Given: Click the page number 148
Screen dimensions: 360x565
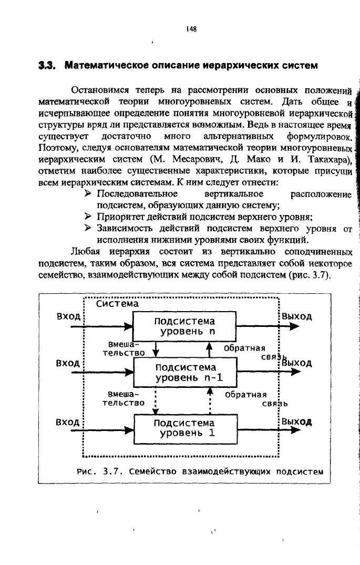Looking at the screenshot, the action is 191,29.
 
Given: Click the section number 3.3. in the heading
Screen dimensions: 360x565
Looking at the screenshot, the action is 47,66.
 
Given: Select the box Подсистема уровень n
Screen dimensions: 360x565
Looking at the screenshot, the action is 184,326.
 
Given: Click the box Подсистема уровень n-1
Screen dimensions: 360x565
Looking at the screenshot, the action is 185,373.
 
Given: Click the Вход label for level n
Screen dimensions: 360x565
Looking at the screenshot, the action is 68,317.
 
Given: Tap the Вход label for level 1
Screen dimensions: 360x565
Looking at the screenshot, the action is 67,422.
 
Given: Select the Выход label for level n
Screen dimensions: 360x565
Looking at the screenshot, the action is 297,317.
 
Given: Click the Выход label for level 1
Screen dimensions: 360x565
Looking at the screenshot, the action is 297,422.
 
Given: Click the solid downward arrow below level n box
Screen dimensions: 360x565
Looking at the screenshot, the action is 156,350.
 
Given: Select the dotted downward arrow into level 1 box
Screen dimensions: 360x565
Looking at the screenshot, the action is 156,401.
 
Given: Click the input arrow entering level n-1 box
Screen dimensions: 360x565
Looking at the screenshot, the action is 102,372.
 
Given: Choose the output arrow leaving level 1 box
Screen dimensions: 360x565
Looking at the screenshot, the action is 269,429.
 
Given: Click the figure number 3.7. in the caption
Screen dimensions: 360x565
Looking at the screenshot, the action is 111,471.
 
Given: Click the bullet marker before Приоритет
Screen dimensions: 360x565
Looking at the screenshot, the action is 88,217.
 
